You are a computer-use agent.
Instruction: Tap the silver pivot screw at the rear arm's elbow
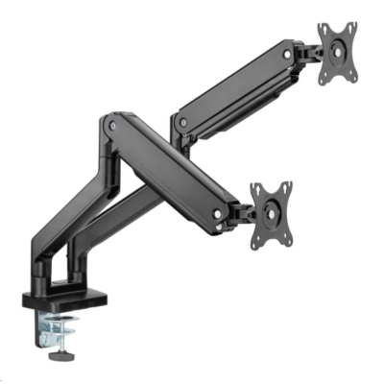pos(176,120)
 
